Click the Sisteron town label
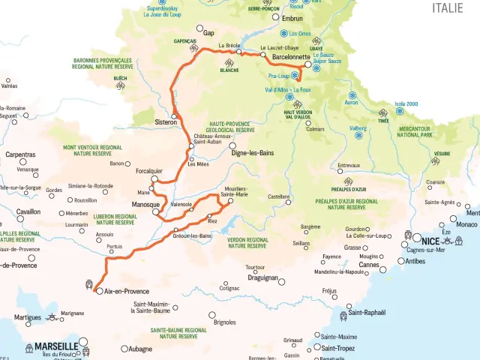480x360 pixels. tap(165, 122)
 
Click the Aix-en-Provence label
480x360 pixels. tap(127, 291)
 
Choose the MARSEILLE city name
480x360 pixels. tap(55, 346)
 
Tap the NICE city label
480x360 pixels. tap(430, 241)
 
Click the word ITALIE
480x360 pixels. tap(452, 7)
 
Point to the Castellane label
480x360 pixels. tap(279, 196)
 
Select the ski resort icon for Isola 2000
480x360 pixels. tap(399, 111)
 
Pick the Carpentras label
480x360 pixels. tap(19, 154)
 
